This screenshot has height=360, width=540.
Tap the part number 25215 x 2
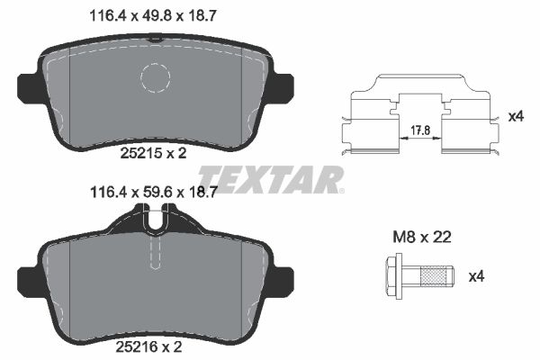153,154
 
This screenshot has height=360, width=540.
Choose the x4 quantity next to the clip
516,116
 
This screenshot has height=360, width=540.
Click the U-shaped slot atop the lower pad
156,218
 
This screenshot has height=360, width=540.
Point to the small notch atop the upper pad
156,38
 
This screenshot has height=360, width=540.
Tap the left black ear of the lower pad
28,274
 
